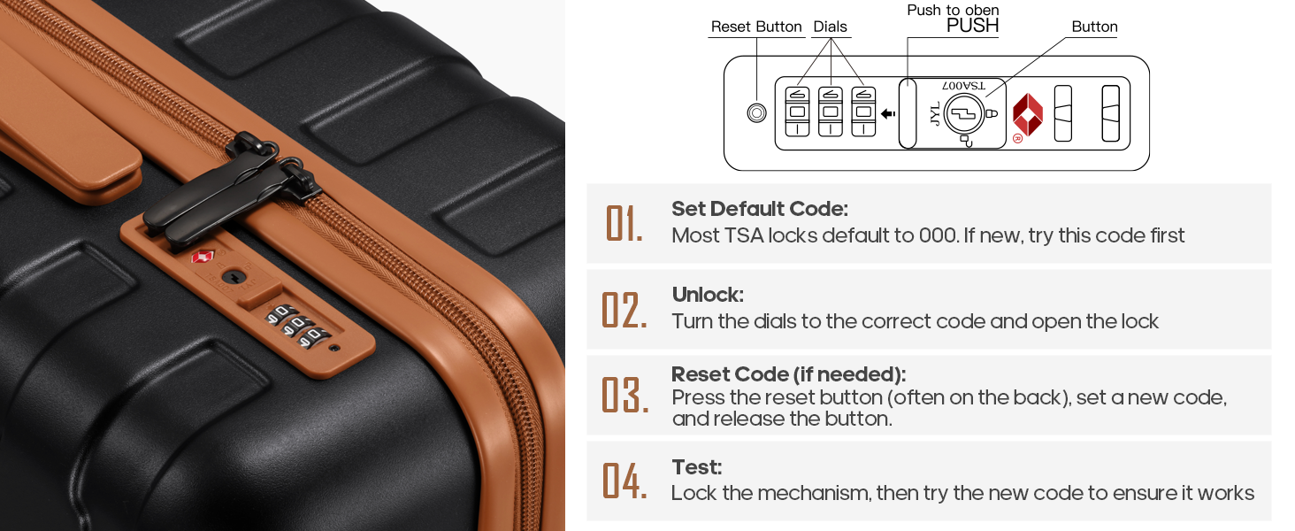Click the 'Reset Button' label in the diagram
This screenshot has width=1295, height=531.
tap(756, 27)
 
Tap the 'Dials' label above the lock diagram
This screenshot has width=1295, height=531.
tap(831, 27)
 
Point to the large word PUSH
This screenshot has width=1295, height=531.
tap(972, 26)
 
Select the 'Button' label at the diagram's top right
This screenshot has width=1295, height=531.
tap(1094, 27)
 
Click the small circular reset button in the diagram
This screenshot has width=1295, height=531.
tap(757, 112)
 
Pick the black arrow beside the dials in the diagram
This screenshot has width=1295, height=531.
tap(888, 114)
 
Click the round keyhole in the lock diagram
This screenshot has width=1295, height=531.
tap(964, 114)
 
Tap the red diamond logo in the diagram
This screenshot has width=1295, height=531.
tap(1027, 115)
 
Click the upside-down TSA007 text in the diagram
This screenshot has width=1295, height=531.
tap(964, 86)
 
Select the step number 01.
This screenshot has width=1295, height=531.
tap(624, 223)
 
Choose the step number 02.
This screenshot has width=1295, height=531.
tap(625, 310)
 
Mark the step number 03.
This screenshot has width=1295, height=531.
tap(625, 395)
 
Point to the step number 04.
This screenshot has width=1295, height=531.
tap(625, 481)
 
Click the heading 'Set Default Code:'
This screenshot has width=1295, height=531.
tap(760, 209)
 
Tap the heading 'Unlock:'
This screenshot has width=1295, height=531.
tap(708, 295)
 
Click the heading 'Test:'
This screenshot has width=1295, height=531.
tap(697, 466)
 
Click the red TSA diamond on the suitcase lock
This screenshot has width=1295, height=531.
tap(203, 258)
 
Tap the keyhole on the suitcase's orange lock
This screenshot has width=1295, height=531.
tap(234, 278)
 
